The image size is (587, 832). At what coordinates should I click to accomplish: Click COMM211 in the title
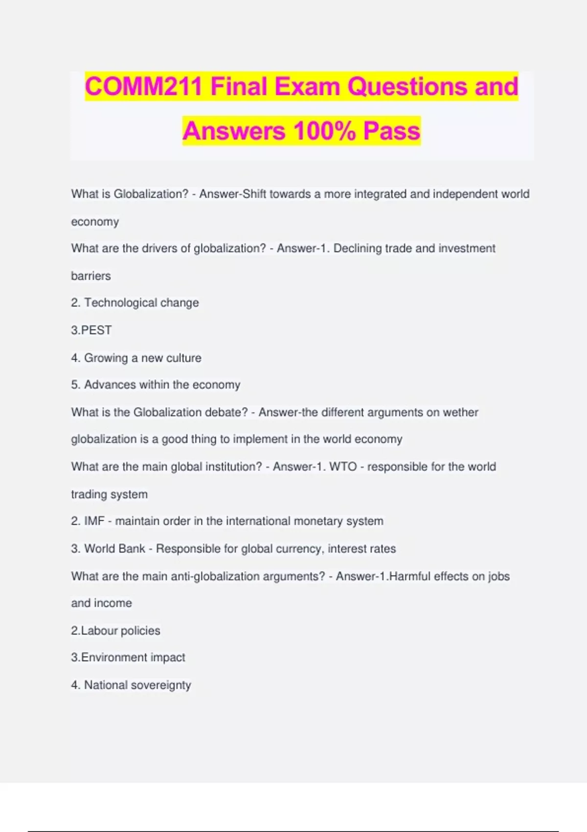pos(143,87)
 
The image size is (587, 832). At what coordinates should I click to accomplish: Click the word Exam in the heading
pos(307,87)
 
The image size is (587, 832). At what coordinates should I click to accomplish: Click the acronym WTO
pos(343,466)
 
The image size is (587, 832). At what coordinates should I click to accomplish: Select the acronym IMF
pos(94,521)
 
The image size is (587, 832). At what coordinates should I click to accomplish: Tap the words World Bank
pos(114,549)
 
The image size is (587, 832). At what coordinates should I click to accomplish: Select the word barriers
pos(91,276)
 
